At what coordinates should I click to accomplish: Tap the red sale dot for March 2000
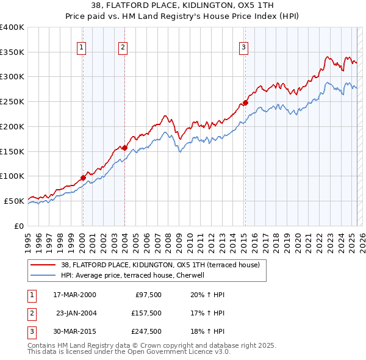(83, 178)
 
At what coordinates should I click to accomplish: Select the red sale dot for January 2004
(124, 148)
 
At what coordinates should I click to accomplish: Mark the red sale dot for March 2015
(245, 103)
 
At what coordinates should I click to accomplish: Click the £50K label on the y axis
(13, 201)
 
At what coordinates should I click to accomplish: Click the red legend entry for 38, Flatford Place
(160, 265)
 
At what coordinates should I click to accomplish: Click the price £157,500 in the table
(146, 313)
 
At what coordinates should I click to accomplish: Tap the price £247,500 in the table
(146, 331)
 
